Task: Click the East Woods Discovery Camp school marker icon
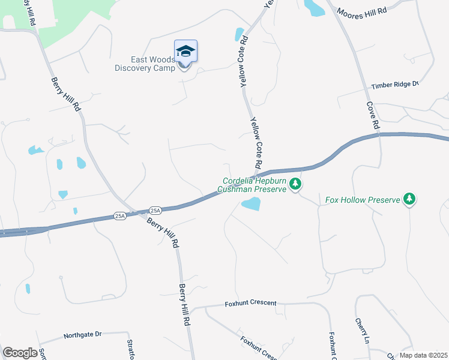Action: (186, 52)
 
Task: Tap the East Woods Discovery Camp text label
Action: (145, 64)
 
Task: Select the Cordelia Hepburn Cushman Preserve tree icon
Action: (295, 184)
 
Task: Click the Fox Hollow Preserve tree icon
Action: (409, 198)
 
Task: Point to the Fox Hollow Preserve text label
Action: (362, 200)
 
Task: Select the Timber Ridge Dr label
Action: (394, 85)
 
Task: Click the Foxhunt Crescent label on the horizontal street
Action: (250, 304)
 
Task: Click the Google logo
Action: (20, 352)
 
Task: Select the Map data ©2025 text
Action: (423, 355)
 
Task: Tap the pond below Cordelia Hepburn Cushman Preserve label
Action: (251, 205)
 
